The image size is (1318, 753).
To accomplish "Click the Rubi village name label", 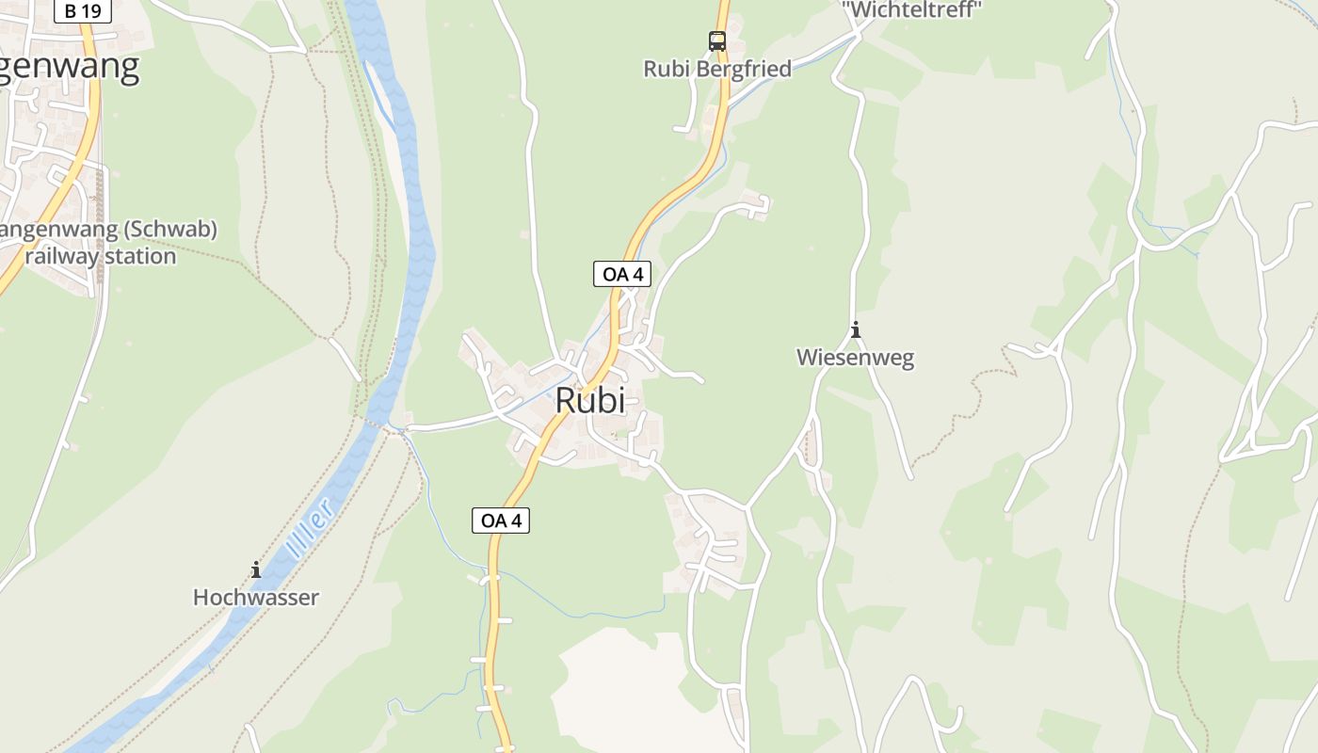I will tap(590, 400).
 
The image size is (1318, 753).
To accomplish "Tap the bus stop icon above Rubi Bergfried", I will tap(717, 41).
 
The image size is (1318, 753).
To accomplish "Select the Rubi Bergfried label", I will tap(717, 69).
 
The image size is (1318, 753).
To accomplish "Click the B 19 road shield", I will tap(84, 11).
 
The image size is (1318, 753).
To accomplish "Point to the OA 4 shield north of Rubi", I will tap(622, 274).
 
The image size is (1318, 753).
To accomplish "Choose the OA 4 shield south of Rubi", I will tap(501, 520).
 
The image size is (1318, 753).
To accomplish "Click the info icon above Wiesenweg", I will tap(856, 330).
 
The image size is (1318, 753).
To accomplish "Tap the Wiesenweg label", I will tap(855, 358).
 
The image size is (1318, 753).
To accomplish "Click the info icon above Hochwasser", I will tap(256, 569).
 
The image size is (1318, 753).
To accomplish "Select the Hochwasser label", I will tap(256, 597).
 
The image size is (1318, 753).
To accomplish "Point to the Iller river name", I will tap(312, 532).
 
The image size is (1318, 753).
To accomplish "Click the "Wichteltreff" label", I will tap(911, 9).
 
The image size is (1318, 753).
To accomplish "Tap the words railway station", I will tap(101, 256).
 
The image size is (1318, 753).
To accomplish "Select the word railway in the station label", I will tap(62, 256).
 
